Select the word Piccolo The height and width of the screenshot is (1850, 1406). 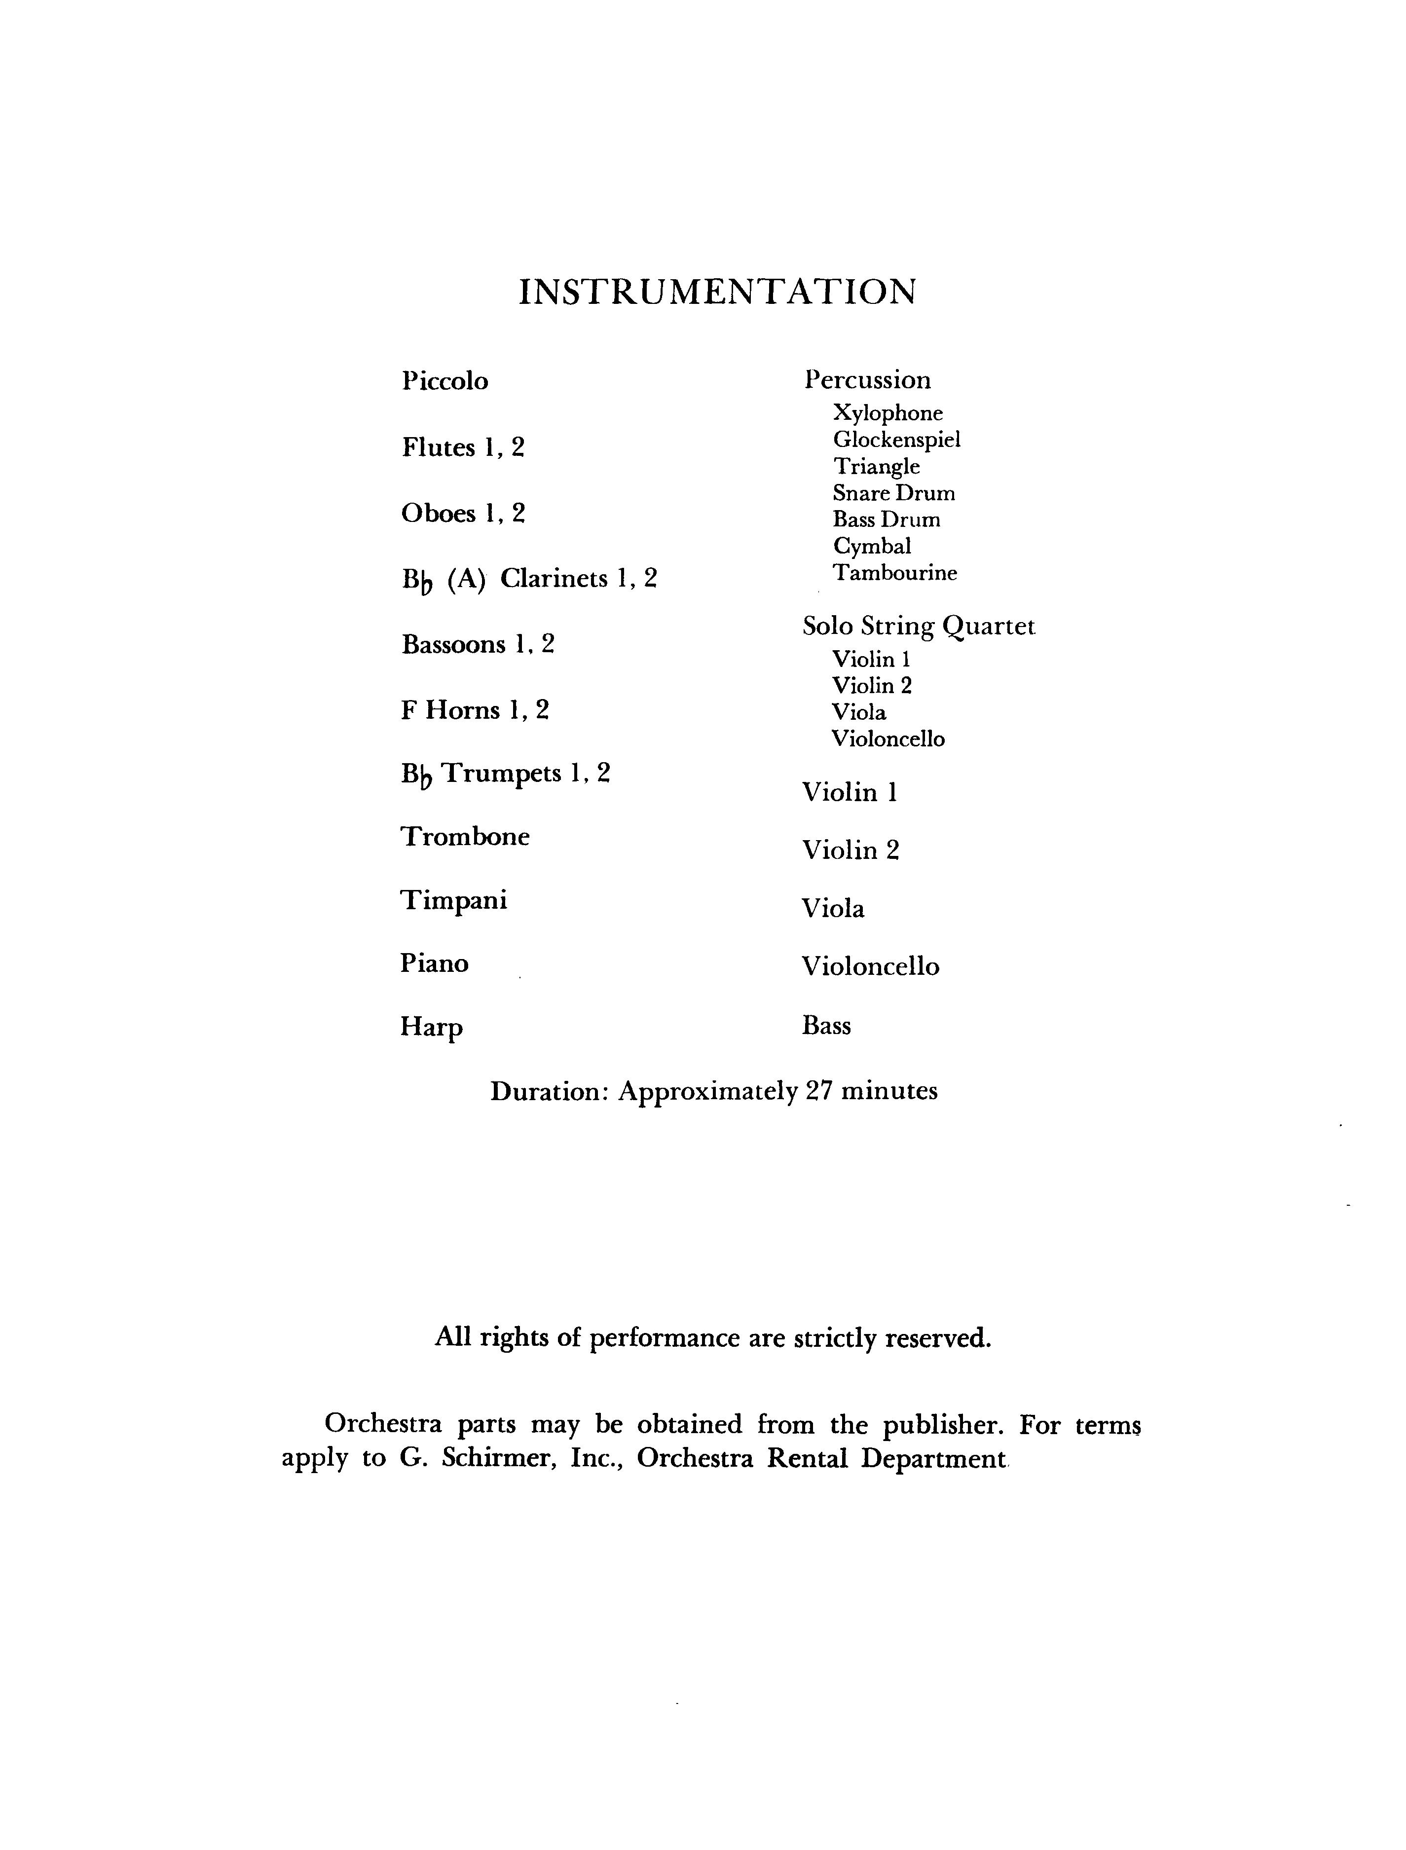pos(444,381)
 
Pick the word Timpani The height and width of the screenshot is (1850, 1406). pos(453,901)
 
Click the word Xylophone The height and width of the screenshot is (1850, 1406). pos(887,413)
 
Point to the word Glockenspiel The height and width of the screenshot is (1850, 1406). pos(896,440)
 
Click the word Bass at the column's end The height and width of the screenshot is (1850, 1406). pos(826,1026)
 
